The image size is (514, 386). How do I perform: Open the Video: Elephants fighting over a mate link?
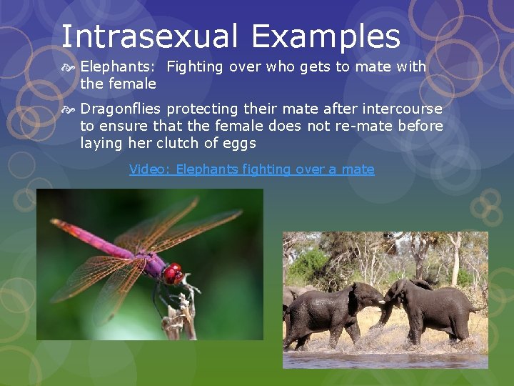251,169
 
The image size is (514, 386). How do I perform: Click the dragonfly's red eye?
172,273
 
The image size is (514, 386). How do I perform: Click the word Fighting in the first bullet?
195,66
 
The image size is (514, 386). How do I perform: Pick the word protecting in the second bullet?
201,109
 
